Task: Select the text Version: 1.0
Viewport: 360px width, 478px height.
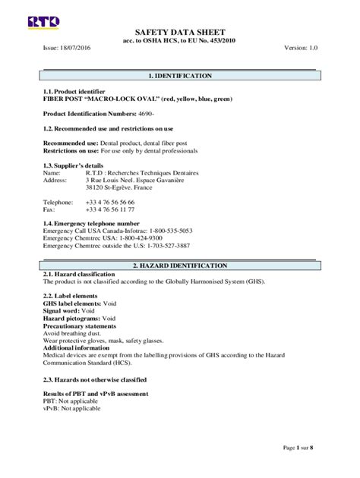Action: pyautogui.click(x=300, y=47)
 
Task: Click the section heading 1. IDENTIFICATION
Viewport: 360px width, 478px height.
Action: pyautogui.click(x=179, y=77)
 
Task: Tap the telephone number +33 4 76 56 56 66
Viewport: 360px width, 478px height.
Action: pyautogui.click(x=110, y=203)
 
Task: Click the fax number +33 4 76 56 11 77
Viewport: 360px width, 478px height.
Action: pyautogui.click(x=110, y=210)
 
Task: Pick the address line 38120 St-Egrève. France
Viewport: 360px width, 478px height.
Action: pyautogui.click(x=118, y=187)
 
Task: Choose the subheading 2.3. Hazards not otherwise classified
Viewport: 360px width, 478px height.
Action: pyautogui.click(x=95, y=379)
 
